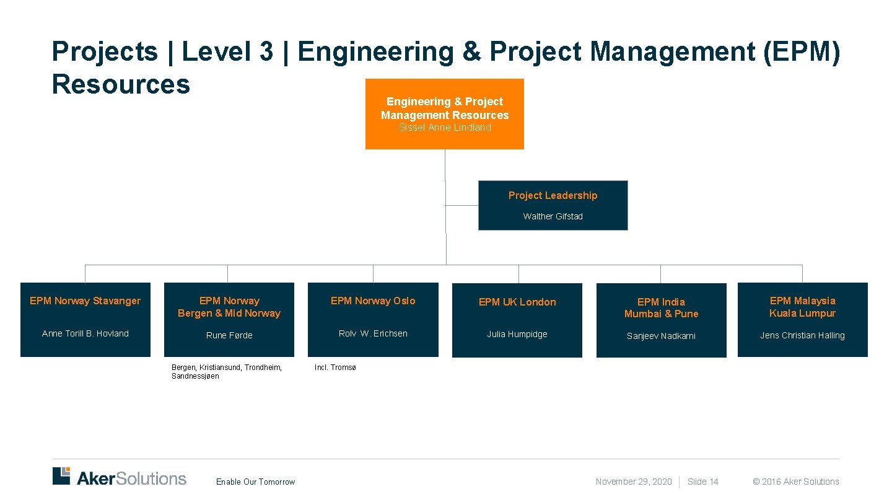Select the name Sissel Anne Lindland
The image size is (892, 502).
[445, 128]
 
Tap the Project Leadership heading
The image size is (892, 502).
[553, 196]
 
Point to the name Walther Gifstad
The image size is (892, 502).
[553, 216]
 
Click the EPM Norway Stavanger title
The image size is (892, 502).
[85, 301]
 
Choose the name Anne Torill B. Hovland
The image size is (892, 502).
[85, 333]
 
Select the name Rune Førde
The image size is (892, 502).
[229, 335]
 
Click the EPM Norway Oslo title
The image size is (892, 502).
[373, 301]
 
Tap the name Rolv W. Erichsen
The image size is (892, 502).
[373, 333]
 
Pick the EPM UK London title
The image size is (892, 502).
[517, 302]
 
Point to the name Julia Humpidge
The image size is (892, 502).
[517, 334]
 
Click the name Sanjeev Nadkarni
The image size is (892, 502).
[661, 336]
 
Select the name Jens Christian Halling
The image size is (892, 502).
[802, 335]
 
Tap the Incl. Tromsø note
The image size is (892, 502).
[335, 368]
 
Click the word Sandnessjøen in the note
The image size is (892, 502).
[195, 376]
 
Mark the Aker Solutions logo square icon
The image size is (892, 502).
[61, 475]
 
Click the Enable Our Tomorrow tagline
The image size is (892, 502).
[255, 482]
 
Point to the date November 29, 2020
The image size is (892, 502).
[633, 482]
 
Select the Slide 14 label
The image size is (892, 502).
[702, 482]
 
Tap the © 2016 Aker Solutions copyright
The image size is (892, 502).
[795, 482]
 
